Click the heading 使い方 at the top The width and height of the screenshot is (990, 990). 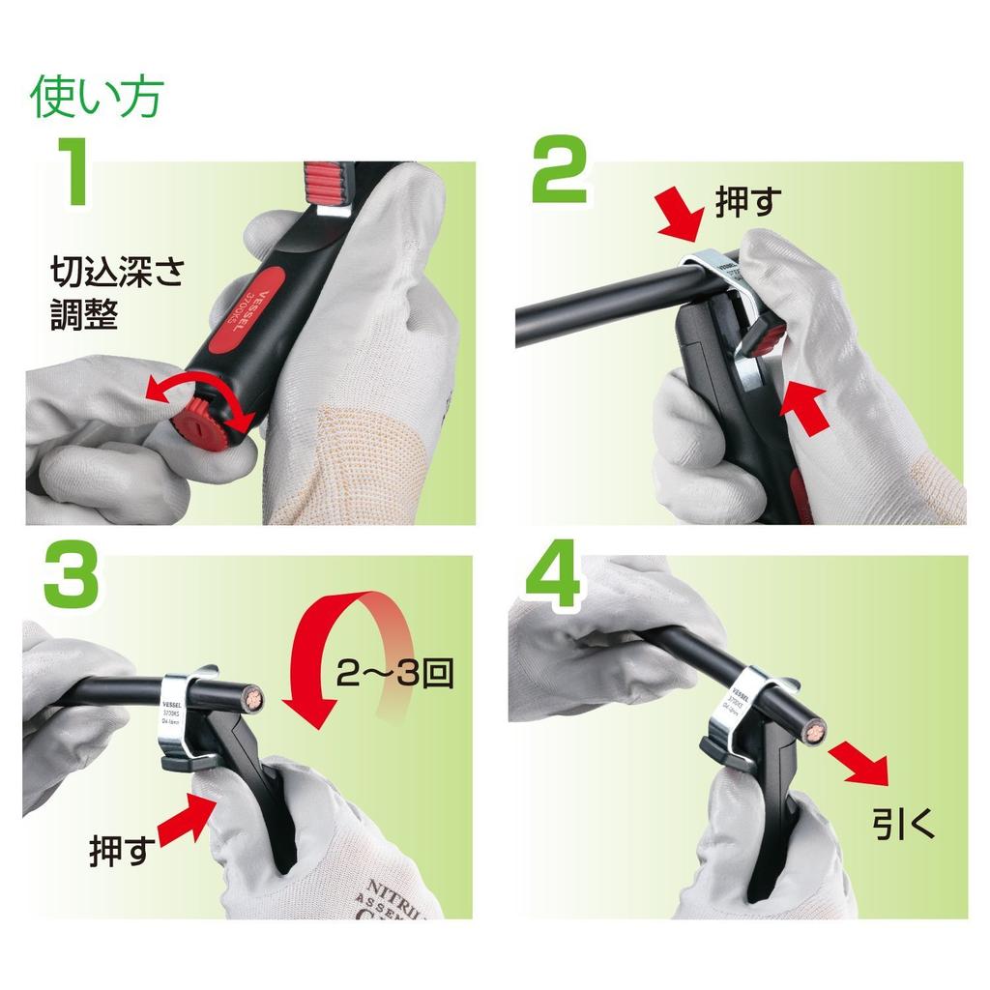(x=97, y=97)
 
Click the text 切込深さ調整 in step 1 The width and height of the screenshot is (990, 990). (x=116, y=295)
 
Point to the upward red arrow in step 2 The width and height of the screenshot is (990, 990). (x=808, y=407)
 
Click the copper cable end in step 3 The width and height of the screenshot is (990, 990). (x=255, y=698)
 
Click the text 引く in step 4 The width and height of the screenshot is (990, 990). (x=904, y=825)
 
